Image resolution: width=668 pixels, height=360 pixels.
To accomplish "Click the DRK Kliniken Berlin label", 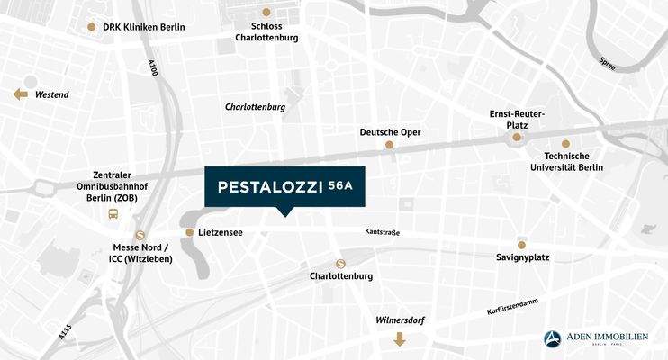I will (x=144, y=27).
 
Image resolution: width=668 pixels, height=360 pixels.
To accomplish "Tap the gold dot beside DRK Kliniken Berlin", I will (x=91, y=27).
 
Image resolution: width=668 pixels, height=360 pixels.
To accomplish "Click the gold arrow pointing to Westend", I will (x=20, y=94).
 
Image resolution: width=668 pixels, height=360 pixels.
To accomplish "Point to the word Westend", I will (x=52, y=94).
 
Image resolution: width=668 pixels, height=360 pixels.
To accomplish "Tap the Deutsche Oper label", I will (x=390, y=132).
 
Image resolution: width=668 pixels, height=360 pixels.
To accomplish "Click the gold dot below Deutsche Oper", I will (x=390, y=145).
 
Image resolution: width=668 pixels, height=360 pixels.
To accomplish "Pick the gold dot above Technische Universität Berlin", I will (x=565, y=144).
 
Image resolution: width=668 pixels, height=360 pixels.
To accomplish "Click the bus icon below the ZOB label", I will (x=113, y=214).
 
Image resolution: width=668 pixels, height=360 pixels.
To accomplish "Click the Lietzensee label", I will (x=221, y=233).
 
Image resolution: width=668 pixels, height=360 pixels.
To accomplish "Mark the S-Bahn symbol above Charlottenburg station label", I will (x=340, y=264).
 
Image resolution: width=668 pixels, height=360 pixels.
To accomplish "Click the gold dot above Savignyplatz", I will (x=521, y=245).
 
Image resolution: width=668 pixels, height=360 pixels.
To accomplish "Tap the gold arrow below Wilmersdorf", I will (x=399, y=339).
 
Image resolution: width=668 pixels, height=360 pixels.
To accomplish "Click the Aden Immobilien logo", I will (x=595, y=338).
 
